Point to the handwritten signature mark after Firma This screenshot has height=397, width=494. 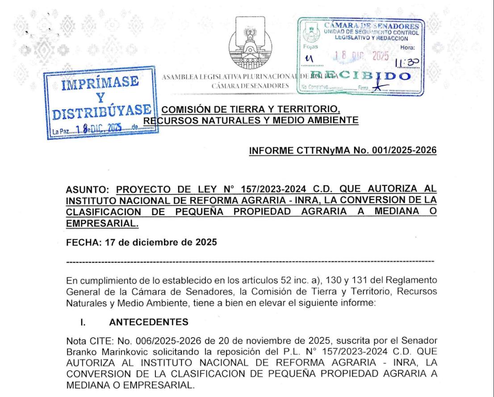[x=380, y=88]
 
